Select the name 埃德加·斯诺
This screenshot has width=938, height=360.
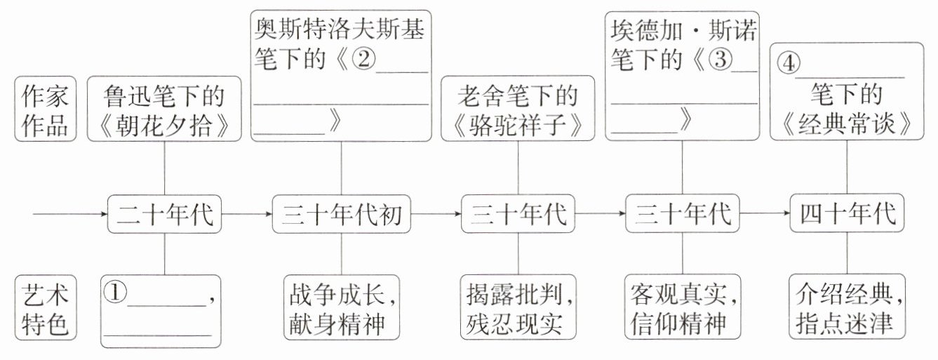click(681, 31)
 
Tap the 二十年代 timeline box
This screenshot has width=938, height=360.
click(164, 214)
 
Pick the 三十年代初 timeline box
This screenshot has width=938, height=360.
click(341, 214)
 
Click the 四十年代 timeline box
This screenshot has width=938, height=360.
click(847, 214)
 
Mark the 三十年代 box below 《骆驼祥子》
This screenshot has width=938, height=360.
click(519, 214)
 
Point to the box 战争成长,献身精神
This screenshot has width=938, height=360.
click(341, 309)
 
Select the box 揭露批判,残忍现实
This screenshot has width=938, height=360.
click(519, 309)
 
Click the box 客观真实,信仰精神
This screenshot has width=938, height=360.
click(681, 309)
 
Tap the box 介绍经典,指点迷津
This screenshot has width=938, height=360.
click(847, 309)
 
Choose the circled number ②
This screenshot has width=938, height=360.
click(364, 62)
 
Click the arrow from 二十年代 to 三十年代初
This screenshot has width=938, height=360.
click(247, 213)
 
